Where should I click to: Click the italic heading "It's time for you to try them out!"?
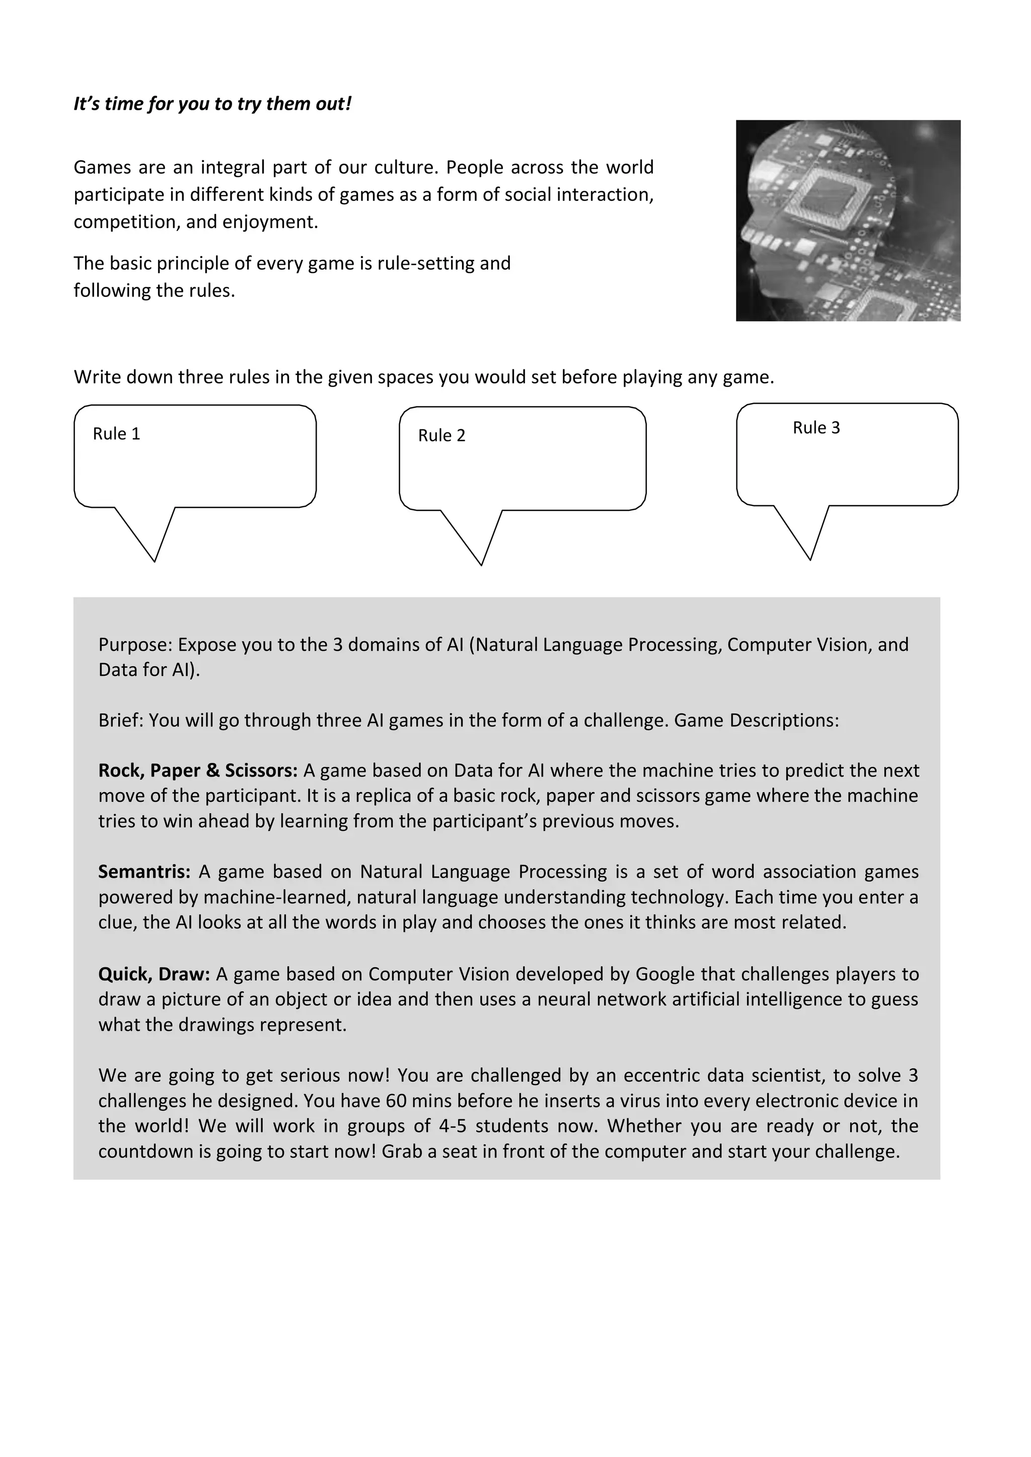[x=212, y=104]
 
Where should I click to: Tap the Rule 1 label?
[x=116, y=434]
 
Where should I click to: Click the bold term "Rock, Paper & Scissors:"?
[x=197, y=771]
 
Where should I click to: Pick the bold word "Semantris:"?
[x=144, y=872]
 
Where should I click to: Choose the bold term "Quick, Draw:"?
[x=154, y=974]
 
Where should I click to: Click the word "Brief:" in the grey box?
[x=121, y=721]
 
